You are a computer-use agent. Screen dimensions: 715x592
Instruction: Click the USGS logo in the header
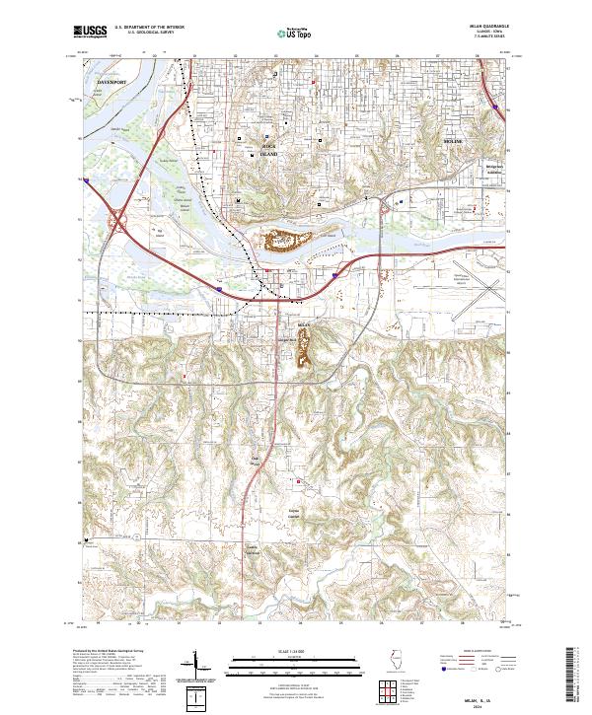point(90,33)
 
